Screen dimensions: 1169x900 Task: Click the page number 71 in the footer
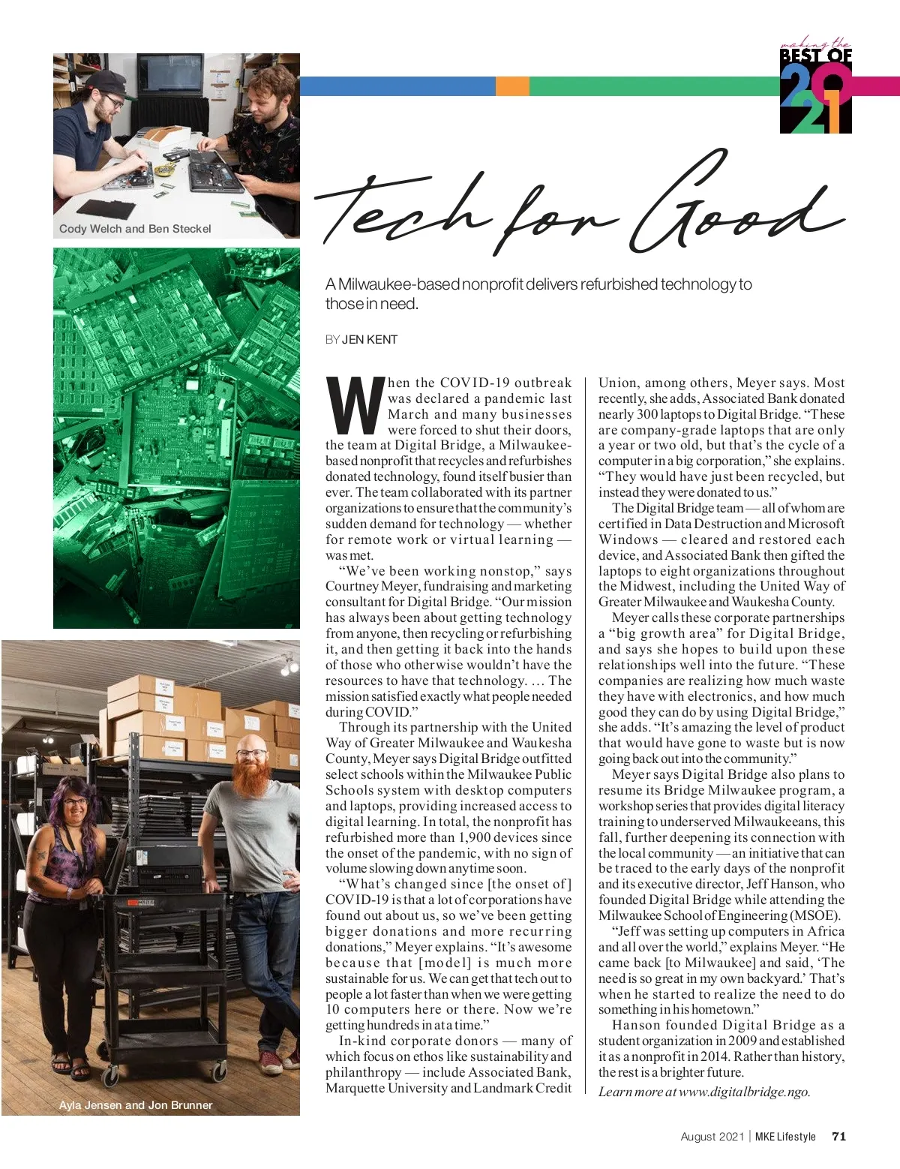pos(838,1136)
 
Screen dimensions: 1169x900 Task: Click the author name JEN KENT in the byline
pos(370,339)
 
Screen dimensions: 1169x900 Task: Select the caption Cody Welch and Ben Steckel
pos(135,229)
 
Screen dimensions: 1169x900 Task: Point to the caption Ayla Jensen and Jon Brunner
pos(136,1105)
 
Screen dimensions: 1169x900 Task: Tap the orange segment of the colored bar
pos(512,86)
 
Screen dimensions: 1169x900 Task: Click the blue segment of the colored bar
pos(397,86)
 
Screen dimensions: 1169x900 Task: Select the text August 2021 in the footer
pos(712,1136)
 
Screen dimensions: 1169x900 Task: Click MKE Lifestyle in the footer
pos(785,1136)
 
